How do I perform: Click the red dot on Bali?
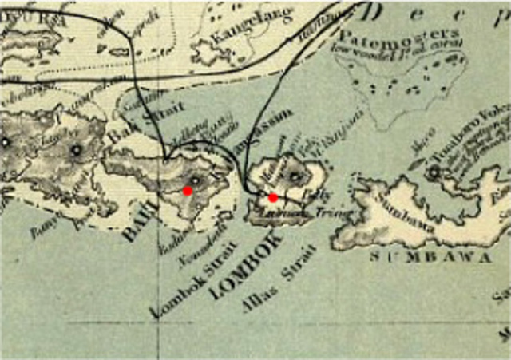[x=188, y=191]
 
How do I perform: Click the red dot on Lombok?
[x=273, y=197]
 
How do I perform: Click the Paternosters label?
[x=400, y=36]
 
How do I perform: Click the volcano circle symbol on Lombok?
[x=295, y=176]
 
